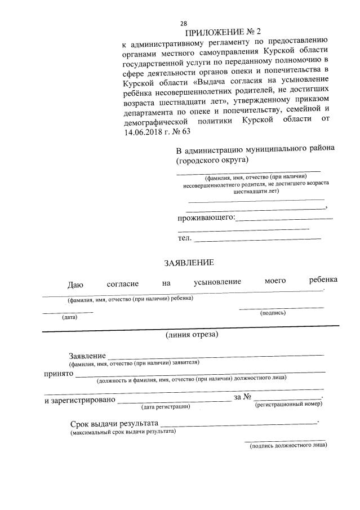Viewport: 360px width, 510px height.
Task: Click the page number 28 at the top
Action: click(183, 23)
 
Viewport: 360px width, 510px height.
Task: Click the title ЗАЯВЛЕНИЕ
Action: click(189, 262)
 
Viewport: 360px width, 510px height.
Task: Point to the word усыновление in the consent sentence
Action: click(217, 281)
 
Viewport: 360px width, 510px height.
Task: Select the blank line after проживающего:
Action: click(284, 218)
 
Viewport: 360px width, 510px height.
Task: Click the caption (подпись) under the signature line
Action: click(272, 312)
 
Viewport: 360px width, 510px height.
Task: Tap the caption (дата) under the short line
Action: click(70, 317)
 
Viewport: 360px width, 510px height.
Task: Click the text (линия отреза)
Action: click(192, 335)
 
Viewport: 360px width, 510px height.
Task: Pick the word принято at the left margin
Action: click(58, 373)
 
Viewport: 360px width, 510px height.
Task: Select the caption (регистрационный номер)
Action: click(288, 405)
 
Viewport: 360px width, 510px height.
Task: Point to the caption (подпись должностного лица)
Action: click(288, 445)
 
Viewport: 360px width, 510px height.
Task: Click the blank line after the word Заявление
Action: click(216, 356)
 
